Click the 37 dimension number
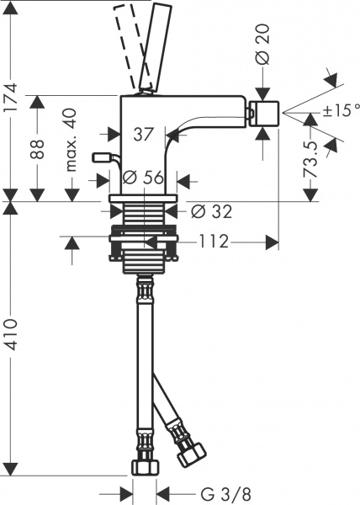(144, 132)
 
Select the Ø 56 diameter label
(141, 178)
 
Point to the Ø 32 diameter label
(209, 210)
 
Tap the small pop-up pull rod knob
(102, 157)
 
